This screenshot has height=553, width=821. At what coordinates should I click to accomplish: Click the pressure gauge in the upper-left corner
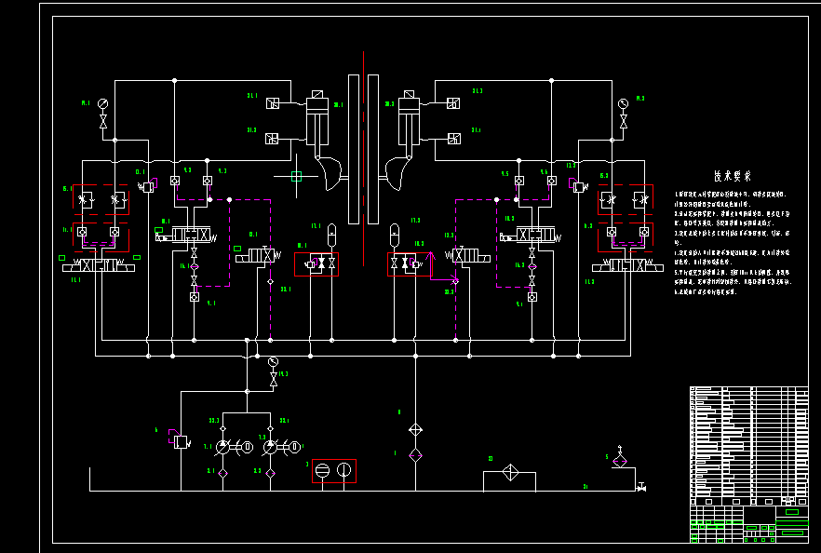coord(102,102)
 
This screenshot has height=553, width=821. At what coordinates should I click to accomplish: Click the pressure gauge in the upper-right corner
coord(623,102)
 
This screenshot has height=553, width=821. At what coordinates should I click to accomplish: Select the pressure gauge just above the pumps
coord(273,361)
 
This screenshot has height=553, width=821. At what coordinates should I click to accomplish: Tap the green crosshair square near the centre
coord(297,175)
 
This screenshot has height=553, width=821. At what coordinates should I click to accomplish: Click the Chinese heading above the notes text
coord(733,176)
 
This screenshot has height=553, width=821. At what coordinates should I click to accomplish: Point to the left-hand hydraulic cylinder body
coord(317,126)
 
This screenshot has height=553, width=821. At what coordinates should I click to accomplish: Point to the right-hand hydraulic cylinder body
coord(409,126)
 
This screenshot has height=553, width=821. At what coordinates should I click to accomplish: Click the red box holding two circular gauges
coord(333,471)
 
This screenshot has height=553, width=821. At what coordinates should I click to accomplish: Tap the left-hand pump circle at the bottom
coord(223,448)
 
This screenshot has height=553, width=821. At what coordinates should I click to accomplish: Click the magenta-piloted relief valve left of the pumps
coord(180,440)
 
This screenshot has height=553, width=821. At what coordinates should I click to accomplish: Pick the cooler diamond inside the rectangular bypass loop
coord(509,472)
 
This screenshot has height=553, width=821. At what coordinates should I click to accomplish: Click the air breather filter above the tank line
coord(620,460)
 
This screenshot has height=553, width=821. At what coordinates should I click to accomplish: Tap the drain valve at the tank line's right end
coord(641,487)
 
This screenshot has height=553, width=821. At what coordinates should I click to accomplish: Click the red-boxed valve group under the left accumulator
coord(316,264)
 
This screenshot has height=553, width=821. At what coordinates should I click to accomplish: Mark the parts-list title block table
coord(748,464)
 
